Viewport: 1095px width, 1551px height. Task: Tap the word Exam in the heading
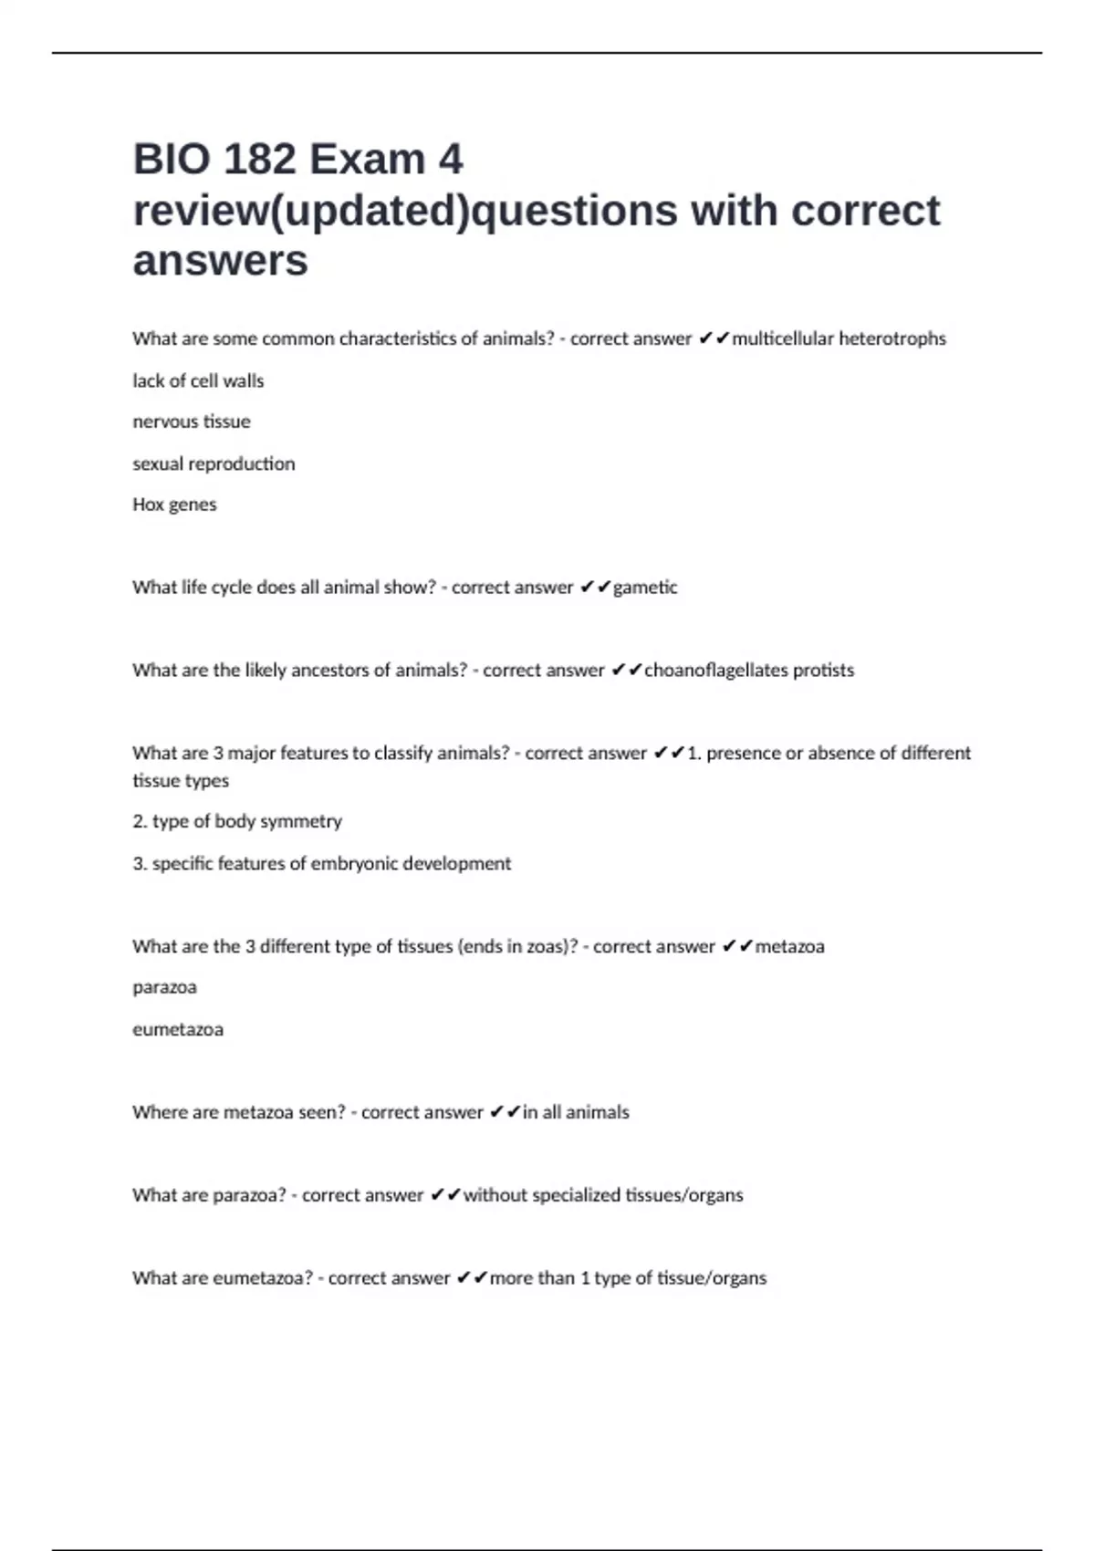click(367, 160)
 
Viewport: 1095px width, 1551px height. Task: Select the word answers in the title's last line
click(220, 261)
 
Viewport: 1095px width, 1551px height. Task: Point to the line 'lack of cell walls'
click(198, 380)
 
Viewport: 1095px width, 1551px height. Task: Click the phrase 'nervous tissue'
click(191, 422)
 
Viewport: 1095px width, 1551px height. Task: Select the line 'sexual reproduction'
click(214, 463)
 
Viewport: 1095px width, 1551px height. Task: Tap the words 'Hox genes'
click(174, 505)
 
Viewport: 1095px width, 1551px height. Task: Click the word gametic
click(645, 588)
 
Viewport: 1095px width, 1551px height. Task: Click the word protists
click(823, 671)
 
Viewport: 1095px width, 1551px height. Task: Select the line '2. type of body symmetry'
click(237, 821)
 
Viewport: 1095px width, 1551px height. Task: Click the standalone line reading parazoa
click(164, 987)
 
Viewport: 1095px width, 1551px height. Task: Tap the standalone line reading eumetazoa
click(178, 1029)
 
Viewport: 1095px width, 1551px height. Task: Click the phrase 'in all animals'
click(576, 1112)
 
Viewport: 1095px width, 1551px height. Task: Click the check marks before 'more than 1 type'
click(472, 1278)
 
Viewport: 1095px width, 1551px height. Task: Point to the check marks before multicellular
click(714, 338)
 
